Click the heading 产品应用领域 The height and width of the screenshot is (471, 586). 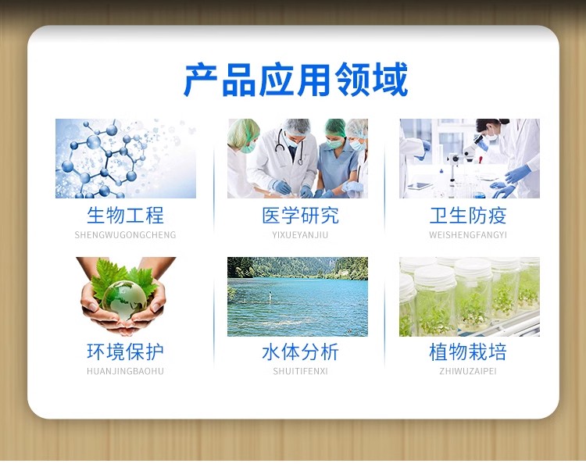coord(295,80)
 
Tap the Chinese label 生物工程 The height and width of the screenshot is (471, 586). coord(125,216)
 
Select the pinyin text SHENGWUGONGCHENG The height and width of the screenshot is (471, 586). coord(125,235)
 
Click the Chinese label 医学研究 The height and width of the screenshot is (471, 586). coord(300,216)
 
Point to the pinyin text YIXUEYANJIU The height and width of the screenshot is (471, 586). coord(300,235)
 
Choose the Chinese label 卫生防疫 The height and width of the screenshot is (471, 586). coord(468,216)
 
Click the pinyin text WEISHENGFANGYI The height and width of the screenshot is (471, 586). coord(468,235)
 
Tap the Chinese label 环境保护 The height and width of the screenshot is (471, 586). coord(125,351)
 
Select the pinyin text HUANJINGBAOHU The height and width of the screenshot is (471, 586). coord(125,371)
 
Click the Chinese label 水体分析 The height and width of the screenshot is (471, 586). coord(300,351)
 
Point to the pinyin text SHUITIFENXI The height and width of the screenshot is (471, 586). coord(300,371)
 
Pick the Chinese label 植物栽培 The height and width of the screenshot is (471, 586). coord(468,351)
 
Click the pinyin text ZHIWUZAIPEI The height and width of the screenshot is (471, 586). coord(468,371)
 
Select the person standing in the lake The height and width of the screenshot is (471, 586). coord(270,297)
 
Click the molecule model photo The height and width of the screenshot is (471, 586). coord(126,159)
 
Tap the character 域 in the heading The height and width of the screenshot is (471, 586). coord(390,80)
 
